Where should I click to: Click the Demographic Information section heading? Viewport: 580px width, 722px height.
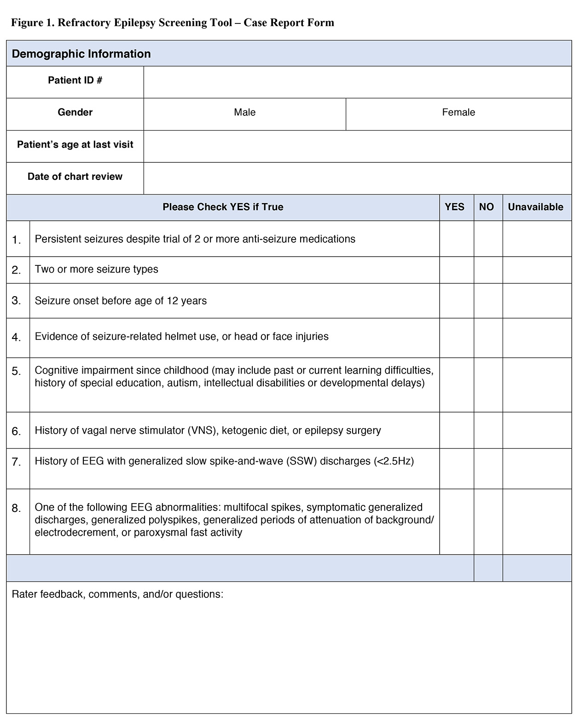point(81,54)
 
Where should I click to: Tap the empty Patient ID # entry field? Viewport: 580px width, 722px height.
point(357,82)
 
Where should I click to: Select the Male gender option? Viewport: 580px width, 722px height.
point(244,113)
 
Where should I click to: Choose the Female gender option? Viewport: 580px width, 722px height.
point(458,113)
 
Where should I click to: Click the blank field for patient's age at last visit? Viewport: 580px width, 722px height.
point(357,146)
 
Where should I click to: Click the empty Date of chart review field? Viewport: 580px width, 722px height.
point(357,178)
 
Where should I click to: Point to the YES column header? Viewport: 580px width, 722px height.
point(454,207)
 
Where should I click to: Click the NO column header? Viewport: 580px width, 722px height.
point(486,207)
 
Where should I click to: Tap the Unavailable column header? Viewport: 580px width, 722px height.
point(535,207)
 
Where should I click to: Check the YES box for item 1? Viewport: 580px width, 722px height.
point(456,239)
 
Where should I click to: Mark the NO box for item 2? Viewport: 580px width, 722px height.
point(488,270)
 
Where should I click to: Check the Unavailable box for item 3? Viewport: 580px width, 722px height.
point(537,301)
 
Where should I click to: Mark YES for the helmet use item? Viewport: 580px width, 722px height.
point(456,338)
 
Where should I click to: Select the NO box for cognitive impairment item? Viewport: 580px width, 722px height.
point(488,384)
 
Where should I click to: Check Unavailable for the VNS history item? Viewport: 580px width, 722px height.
point(537,430)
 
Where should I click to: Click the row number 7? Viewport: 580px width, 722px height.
point(17,462)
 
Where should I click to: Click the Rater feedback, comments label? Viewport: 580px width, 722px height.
point(117,594)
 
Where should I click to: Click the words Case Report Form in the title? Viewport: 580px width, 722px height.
point(289,23)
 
